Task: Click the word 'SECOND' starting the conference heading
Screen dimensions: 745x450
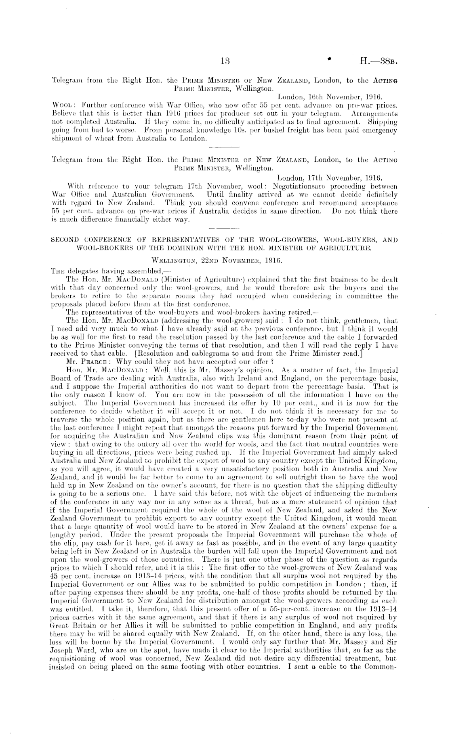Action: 66,239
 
